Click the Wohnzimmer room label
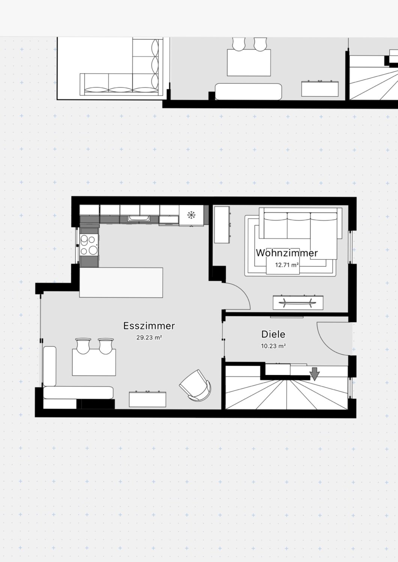click(x=287, y=253)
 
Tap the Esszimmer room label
click(x=149, y=326)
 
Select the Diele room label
click(x=273, y=334)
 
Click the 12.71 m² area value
click(x=287, y=265)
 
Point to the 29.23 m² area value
click(x=149, y=338)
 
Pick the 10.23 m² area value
click(x=273, y=346)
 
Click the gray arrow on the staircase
click(x=314, y=373)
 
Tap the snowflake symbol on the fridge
click(x=191, y=215)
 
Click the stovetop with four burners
click(x=89, y=245)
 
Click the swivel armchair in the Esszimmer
click(x=195, y=385)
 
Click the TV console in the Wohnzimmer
click(x=298, y=303)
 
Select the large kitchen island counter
click(x=121, y=282)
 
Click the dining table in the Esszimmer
click(x=94, y=362)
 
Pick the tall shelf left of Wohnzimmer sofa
click(x=222, y=224)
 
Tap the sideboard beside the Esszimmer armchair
click(x=147, y=399)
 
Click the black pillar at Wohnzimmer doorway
click(x=219, y=274)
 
